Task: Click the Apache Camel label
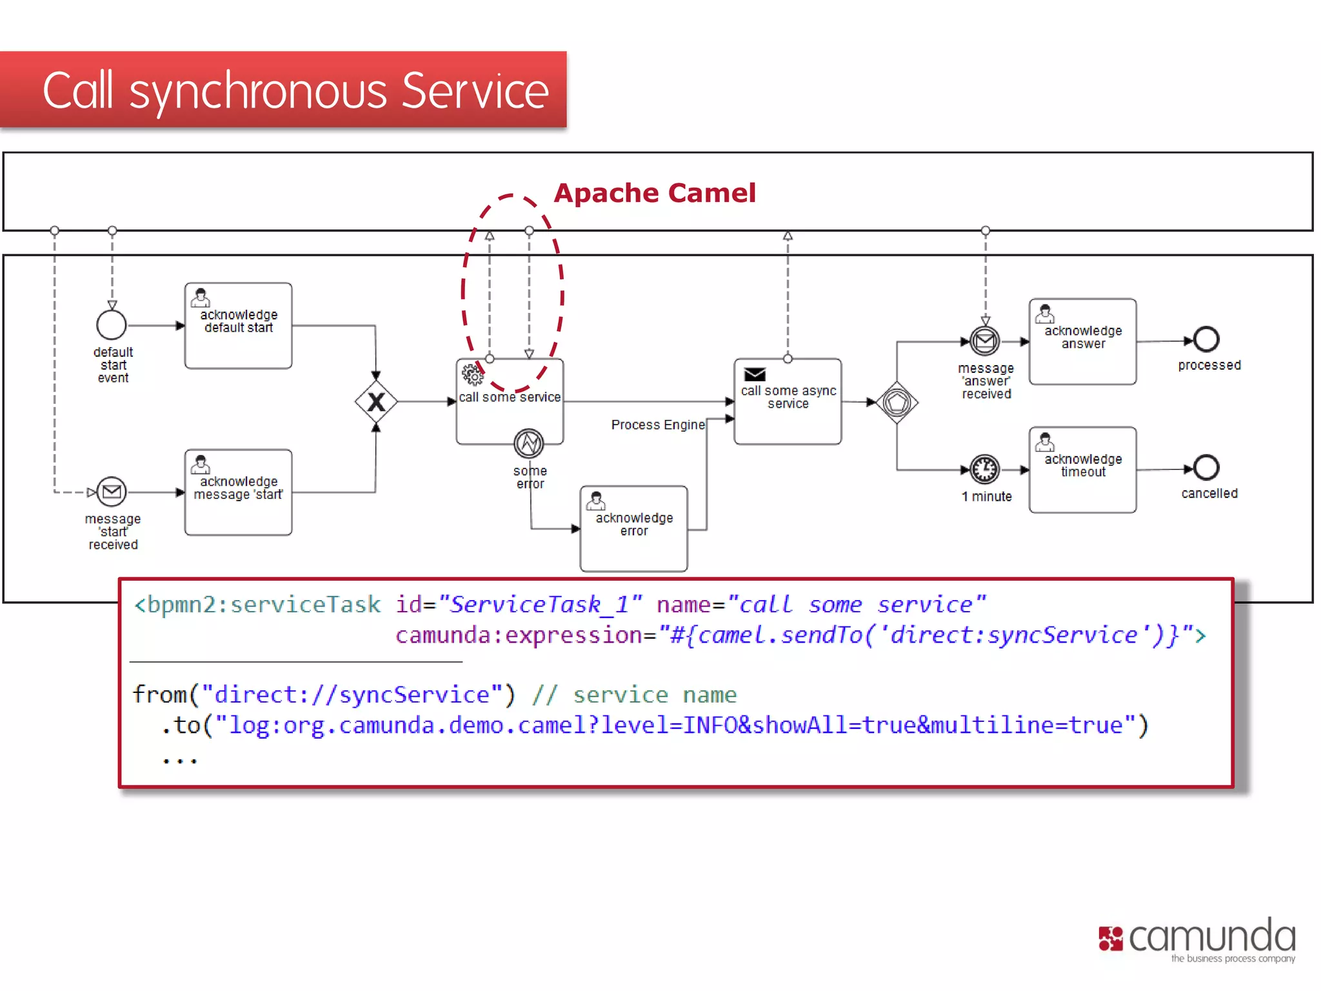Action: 654,193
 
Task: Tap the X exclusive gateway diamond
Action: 376,402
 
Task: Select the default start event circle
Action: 112,325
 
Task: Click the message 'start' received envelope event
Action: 112,492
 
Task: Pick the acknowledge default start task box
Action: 238,326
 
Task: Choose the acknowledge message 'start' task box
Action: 238,492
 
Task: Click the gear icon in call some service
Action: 472,374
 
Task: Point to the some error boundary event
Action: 529,443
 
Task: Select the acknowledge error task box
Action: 633,528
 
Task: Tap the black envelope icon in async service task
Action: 755,374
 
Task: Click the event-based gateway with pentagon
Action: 897,403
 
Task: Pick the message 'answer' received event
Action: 985,341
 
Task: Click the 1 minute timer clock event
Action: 985,469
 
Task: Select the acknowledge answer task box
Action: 1082,341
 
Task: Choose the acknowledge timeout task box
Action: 1082,470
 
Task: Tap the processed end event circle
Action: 1206,339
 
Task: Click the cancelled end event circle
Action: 1206,468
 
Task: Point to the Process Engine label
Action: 657,425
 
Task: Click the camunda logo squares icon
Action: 1111,939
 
